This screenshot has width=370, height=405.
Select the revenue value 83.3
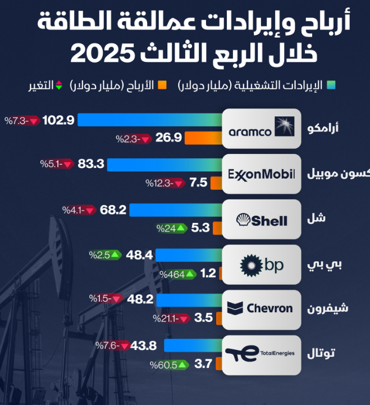click(91, 164)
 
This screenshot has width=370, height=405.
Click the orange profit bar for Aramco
click(204, 138)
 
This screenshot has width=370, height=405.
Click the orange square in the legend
click(163, 85)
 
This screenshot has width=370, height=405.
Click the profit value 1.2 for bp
click(208, 274)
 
